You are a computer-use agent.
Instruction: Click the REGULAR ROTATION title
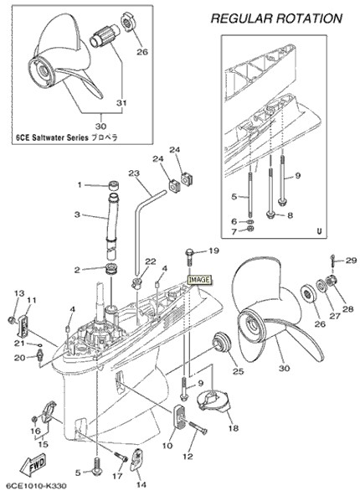tap(276, 18)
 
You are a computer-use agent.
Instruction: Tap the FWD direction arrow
tap(33, 464)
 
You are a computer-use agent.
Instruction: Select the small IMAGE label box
tap(199, 280)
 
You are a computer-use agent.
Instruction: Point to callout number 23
tap(134, 173)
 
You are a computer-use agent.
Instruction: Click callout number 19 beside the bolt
tap(213, 251)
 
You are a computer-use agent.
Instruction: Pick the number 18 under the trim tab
tap(234, 428)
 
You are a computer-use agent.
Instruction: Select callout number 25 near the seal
tap(238, 371)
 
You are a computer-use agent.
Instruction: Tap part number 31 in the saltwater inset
tap(121, 103)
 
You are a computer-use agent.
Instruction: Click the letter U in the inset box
tap(319, 232)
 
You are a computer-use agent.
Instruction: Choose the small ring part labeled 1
tap(113, 185)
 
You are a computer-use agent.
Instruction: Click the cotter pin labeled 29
tap(332, 259)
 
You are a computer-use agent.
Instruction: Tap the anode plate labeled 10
tap(177, 416)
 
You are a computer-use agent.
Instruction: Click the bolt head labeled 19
tap(189, 251)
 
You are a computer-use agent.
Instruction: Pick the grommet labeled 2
tap(111, 269)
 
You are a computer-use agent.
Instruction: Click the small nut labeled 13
tap(11, 320)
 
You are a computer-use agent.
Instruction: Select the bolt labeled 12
tap(198, 427)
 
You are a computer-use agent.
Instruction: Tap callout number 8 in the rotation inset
tap(290, 215)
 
